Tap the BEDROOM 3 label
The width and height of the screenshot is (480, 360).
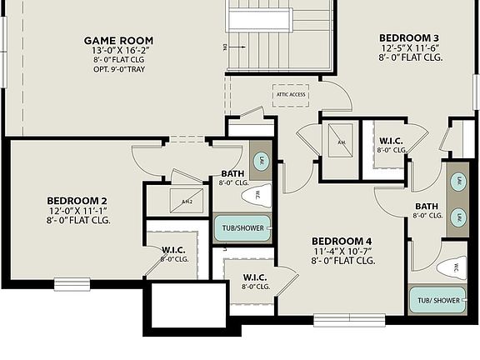click(408, 37)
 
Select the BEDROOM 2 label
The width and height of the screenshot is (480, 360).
click(75, 201)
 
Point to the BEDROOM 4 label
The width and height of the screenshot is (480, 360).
click(342, 239)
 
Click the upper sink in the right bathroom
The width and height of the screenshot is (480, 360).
click(457, 181)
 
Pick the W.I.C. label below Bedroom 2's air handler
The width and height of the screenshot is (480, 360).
click(173, 249)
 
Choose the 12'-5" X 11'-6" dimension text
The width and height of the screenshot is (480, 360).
click(408, 48)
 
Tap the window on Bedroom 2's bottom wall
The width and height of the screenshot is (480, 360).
click(72, 284)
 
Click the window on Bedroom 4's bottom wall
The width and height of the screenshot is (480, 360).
click(348, 320)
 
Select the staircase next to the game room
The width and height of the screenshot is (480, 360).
click(279, 37)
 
